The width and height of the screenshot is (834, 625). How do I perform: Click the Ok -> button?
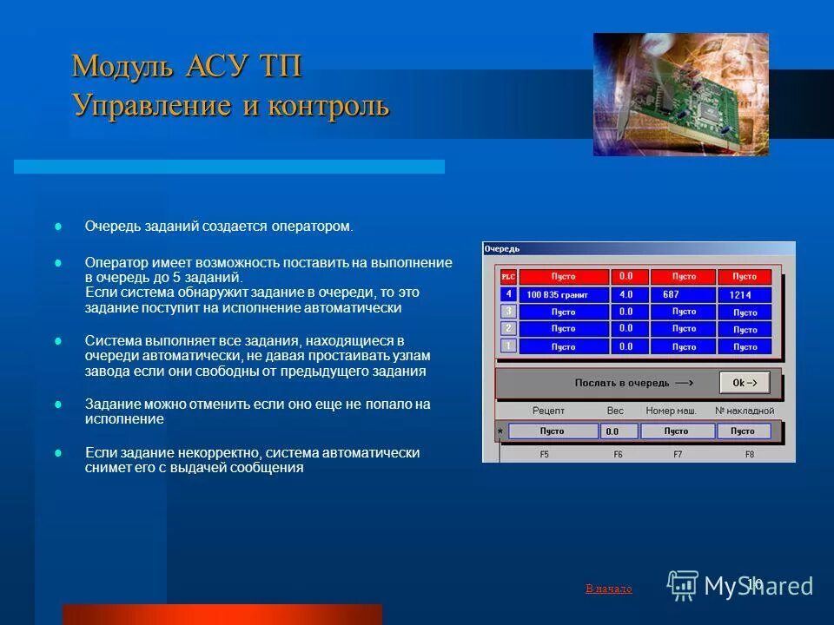[745, 383]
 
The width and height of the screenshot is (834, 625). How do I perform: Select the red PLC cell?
[508, 277]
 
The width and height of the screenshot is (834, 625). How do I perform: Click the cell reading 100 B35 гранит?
[563, 295]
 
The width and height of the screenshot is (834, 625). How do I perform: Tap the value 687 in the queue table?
[682, 294]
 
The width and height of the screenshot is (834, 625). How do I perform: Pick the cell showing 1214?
[744, 295]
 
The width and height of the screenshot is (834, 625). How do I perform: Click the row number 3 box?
[508, 312]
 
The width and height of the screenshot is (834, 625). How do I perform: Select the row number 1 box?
[508, 346]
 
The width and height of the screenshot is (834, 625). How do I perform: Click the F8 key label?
[750, 454]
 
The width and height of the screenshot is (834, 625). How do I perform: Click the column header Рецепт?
[548, 411]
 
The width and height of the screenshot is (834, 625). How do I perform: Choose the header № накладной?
[744, 411]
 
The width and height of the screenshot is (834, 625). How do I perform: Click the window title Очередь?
[502, 249]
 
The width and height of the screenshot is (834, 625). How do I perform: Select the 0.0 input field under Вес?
[618, 431]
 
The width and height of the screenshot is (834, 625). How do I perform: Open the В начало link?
[609, 589]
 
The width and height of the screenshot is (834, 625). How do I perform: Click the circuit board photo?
[680, 95]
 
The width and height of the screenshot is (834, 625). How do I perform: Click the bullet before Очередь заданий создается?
[59, 227]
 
